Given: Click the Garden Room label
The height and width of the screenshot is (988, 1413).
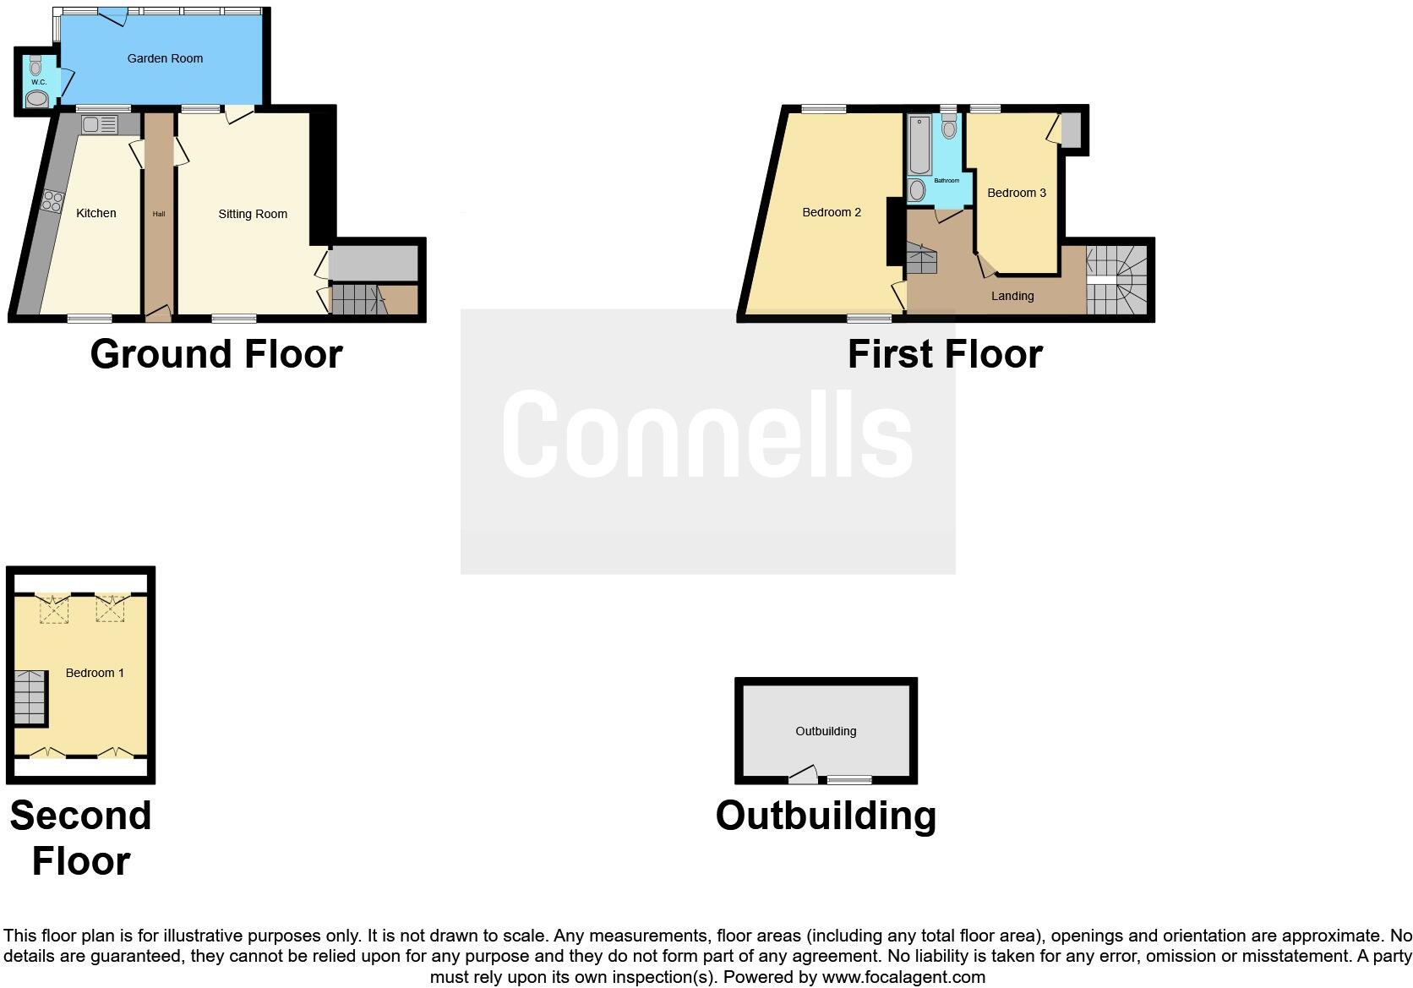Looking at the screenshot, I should click(165, 58).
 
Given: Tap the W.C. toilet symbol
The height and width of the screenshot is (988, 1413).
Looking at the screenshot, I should click(35, 67).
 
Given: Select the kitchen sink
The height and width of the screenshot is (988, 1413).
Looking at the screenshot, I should click(100, 125).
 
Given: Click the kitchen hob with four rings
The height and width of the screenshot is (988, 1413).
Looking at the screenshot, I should click(52, 201).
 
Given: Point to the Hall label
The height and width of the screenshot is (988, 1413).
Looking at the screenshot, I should click(159, 214).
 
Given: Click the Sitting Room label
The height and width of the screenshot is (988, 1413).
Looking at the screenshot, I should click(253, 214).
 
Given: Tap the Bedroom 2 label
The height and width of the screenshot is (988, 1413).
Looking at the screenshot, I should click(832, 212).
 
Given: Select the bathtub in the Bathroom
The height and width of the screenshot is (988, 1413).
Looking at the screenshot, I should click(919, 145).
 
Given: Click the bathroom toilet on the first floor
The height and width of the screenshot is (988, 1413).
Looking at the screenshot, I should click(949, 127).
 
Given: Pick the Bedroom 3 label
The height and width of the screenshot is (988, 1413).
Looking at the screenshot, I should click(1017, 193).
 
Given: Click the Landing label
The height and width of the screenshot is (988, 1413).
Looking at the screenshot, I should click(1012, 296).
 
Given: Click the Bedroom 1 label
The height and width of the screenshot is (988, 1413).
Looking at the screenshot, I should click(95, 673).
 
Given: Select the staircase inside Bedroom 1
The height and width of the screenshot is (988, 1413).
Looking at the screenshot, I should click(30, 697).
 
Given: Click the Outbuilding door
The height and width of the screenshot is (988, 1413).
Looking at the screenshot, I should click(803, 775).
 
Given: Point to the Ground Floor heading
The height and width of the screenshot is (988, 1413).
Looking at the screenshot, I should click(216, 354).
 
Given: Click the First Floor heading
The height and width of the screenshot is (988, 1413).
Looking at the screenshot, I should click(945, 354).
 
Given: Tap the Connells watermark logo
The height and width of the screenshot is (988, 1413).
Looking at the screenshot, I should click(707, 434).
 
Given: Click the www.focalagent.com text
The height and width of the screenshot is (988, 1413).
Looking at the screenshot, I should click(903, 977).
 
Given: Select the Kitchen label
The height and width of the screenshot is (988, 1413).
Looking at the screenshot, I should click(96, 213).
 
